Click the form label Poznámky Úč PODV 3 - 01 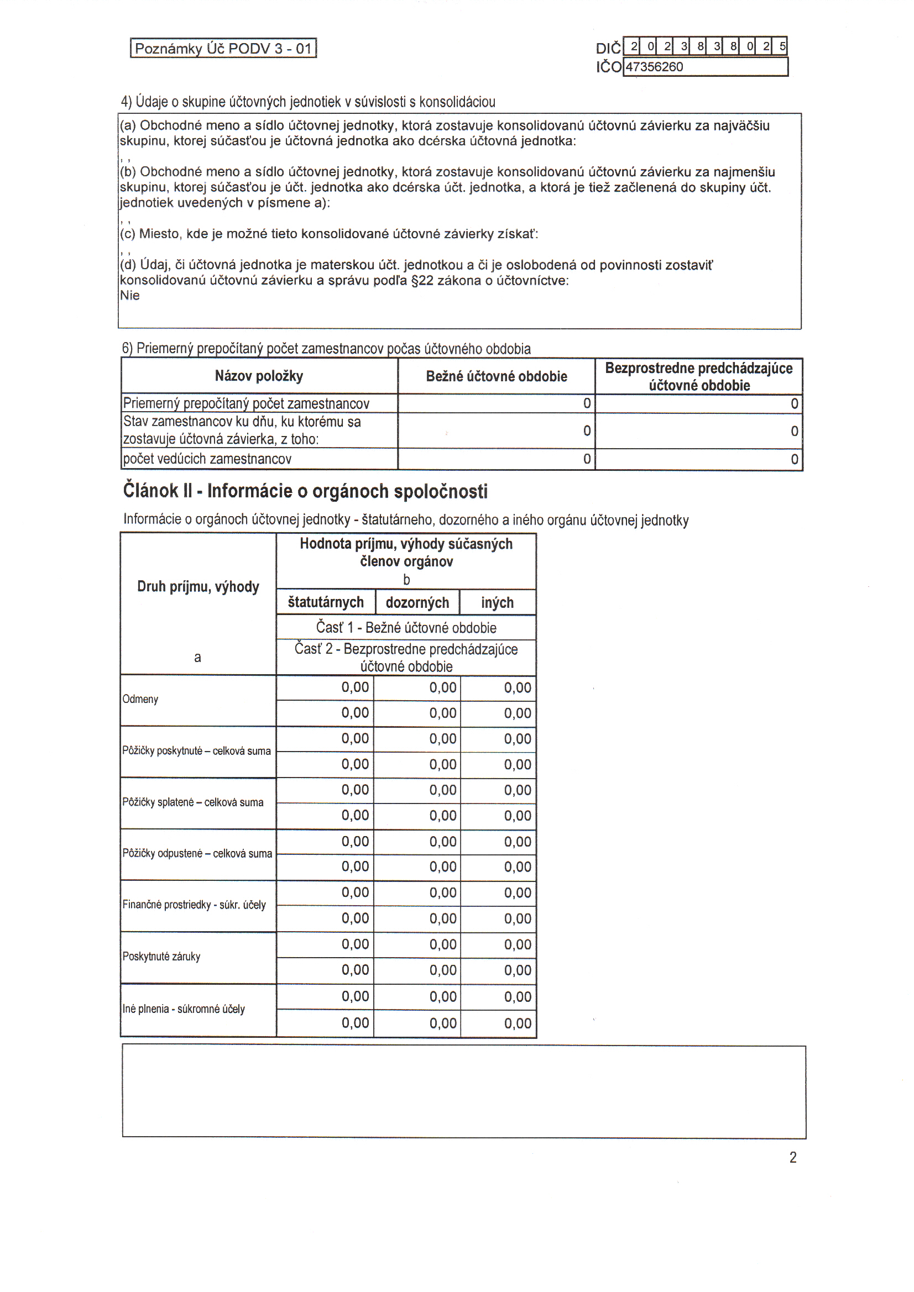coord(223,49)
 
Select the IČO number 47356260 coord(654,67)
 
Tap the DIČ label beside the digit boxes coord(608,48)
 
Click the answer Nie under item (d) coord(129,296)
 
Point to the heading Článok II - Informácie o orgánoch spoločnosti coord(305,491)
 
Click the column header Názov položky coord(259,376)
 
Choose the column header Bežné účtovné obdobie coord(496,376)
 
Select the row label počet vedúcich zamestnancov coord(207,459)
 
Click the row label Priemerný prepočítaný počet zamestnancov coord(246,403)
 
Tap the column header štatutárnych coord(326,603)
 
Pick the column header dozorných coord(417,603)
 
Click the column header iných coord(497,603)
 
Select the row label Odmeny coord(140,700)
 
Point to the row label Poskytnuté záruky coord(161,957)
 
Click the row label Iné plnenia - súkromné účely coord(184,1009)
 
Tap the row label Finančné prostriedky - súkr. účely coord(194,905)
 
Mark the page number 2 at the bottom coord(793,1158)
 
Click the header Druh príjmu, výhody coord(199,587)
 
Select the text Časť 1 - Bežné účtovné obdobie coord(406,627)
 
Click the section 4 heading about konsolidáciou coord(308,102)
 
